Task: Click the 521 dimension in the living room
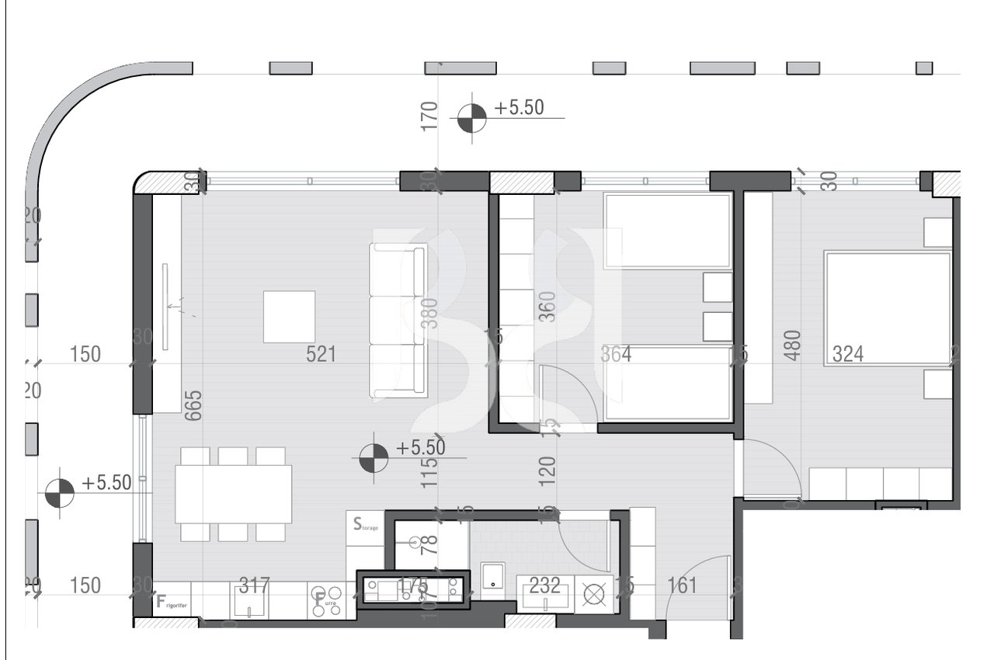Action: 321,355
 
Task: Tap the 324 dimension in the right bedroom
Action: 848,355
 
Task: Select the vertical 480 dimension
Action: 793,346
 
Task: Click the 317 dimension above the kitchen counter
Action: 254,585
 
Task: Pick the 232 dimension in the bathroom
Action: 544,585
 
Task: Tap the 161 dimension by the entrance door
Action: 682,585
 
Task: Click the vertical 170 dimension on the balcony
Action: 429,116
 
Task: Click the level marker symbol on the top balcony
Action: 471,118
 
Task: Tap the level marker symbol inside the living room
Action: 373,458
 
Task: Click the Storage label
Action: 366,525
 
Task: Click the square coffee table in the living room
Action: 289,316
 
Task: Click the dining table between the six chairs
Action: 233,494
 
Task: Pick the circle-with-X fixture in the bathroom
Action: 593,595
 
